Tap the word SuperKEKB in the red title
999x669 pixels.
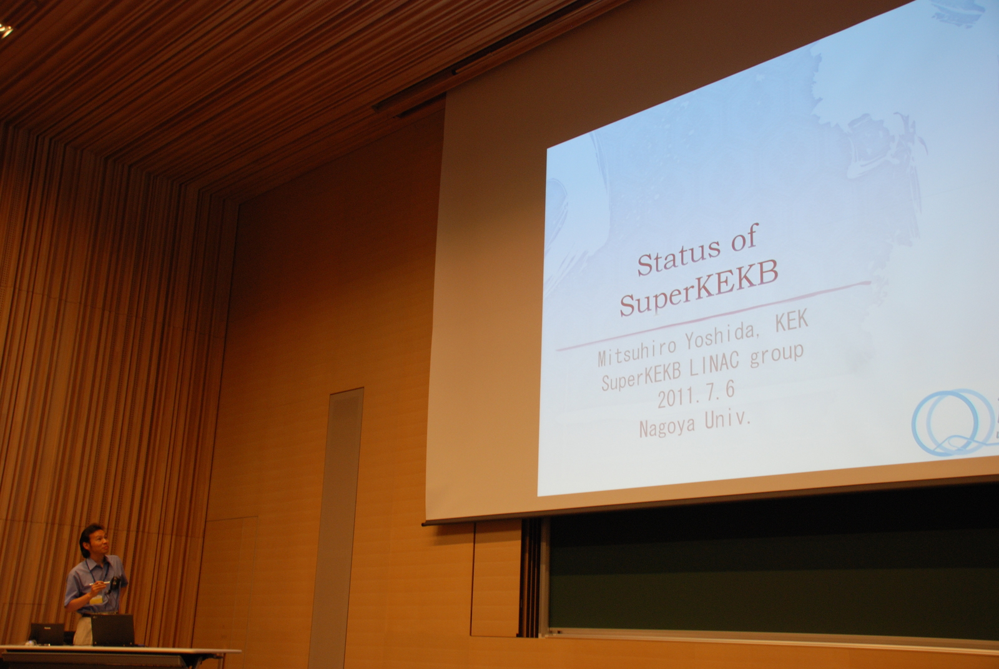tap(699, 287)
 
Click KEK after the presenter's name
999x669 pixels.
tap(792, 320)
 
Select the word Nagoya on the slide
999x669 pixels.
tap(667, 426)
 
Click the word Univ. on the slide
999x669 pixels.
tap(727, 419)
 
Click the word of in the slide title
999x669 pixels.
tap(744, 239)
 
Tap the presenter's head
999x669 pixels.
tap(94, 540)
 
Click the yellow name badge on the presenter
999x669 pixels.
tap(96, 600)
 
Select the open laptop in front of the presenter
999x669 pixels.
tap(112, 630)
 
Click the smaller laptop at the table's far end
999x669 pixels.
tap(47, 634)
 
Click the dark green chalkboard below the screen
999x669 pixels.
tap(772, 576)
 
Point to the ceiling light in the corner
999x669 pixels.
tap(6, 31)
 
